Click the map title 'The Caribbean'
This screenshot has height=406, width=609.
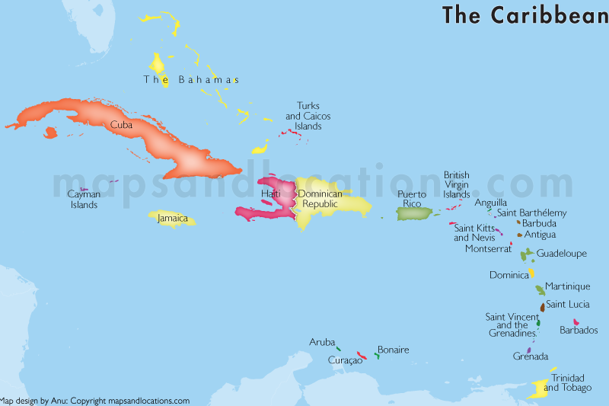pyautogui.click(x=525, y=14)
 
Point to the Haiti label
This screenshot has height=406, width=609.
pyautogui.click(x=271, y=193)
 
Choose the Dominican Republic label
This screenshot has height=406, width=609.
pyautogui.click(x=320, y=199)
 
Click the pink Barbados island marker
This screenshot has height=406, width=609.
pyautogui.click(x=576, y=321)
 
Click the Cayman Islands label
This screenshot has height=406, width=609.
pyautogui.click(x=84, y=200)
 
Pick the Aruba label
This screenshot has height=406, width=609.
pyautogui.click(x=321, y=342)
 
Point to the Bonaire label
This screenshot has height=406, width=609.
pyautogui.click(x=394, y=350)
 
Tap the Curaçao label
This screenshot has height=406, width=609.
pyautogui.click(x=345, y=360)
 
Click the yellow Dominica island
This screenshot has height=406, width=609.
pyautogui.click(x=531, y=273)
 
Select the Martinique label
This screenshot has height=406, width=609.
pyautogui.click(x=568, y=286)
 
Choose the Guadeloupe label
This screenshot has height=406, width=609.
pyautogui.click(x=562, y=253)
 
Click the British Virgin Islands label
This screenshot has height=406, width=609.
pyautogui.click(x=457, y=185)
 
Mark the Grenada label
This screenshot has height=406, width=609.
pyautogui.click(x=530, y=356)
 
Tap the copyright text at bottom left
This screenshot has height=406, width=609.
pyautogui.click(x=95, y=401)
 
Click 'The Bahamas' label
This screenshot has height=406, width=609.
pyautogui.click(x=192, y=79)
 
